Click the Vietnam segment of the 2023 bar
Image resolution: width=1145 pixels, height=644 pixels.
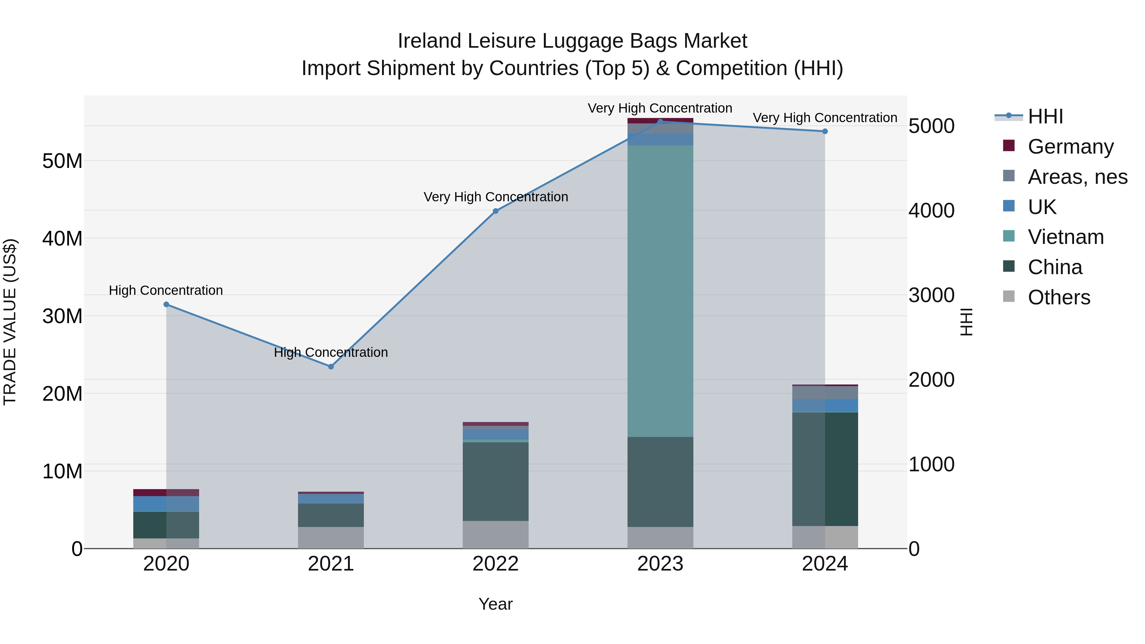point(660,291)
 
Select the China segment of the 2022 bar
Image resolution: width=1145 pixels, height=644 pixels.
point(495,481)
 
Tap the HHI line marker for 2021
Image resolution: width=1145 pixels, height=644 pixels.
point(331,367)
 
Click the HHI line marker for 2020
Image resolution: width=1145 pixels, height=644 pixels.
point(166,304)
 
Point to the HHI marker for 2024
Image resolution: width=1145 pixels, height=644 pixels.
point(825,132)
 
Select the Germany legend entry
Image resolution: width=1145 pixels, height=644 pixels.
point(1070,147)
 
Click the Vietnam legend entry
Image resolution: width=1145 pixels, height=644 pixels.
point(1065,237)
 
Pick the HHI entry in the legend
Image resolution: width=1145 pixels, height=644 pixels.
point(1045,116)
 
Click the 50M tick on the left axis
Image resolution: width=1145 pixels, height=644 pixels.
point(62,161)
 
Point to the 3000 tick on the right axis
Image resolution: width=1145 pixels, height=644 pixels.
point(931,295)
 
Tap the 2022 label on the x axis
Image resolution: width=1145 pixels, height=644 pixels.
point(495,564)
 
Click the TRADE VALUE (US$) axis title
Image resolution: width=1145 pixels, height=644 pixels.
point(10,322)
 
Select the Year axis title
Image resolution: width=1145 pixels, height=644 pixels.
point(495,604)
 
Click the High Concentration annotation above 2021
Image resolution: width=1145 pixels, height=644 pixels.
point(331,352)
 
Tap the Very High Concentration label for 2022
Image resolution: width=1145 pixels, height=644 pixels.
point(495,197)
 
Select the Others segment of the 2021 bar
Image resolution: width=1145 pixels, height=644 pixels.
point(331,537)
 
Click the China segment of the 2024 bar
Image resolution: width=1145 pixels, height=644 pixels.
point(825,469)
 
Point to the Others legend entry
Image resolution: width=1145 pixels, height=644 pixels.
point(1059,297)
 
